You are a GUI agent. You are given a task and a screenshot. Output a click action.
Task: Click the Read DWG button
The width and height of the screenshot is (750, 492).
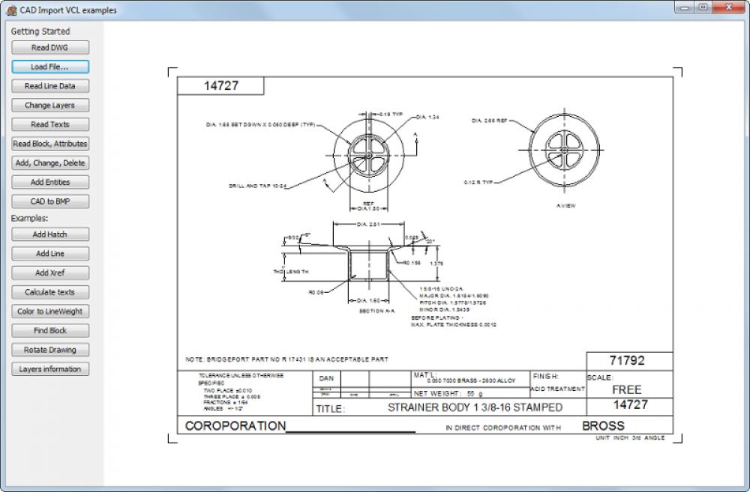coord(50,47)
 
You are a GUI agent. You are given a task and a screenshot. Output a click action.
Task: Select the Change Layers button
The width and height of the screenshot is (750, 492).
coord(50,105)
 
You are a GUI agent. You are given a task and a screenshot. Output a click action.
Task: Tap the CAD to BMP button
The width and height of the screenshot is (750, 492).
coord(50,201)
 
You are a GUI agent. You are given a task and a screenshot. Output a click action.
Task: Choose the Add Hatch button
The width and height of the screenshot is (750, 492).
coord(50,234)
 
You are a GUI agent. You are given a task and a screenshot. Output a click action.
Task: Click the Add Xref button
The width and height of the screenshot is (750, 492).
coord(50,273)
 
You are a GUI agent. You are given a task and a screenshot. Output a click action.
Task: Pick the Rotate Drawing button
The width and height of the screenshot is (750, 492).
coord(50,350)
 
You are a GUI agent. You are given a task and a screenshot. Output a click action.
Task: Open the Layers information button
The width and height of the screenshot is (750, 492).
coord(50,369)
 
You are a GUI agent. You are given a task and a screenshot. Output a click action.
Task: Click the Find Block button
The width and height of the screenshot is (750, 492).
coord(50,330)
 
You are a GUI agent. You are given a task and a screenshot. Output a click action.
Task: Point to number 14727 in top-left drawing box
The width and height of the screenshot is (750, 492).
coord(221,86)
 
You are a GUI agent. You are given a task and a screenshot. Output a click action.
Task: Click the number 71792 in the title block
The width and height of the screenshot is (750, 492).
coord(628,360)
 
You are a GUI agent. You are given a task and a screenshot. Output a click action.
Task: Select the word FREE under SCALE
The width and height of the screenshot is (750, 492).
coord(626,389)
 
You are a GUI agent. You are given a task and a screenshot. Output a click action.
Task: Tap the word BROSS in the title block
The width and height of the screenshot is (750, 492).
coord(603,425)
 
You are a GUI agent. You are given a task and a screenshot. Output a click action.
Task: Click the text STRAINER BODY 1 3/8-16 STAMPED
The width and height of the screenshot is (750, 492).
coord(475,407)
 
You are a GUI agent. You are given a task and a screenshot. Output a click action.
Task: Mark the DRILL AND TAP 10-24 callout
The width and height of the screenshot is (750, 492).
coord(258,186)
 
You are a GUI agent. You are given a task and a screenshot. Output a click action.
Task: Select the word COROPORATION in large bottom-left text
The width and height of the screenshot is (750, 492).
coord(235,426)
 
